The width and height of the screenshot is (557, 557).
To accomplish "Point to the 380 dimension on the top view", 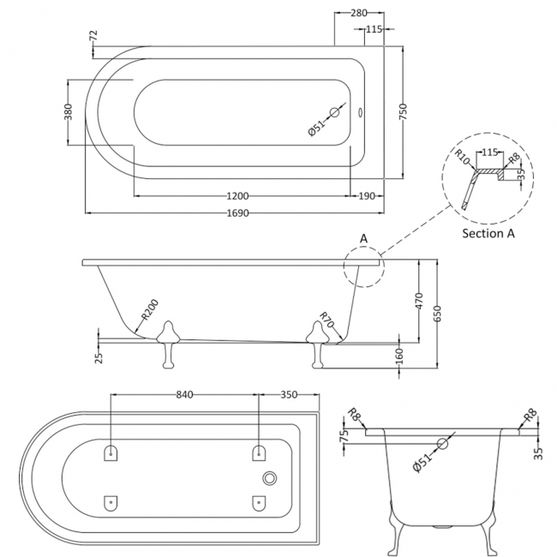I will [x=69, y=112].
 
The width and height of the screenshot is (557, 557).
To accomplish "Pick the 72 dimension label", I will [x=93, y=37].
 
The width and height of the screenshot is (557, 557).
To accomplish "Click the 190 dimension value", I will [x=367, y=196].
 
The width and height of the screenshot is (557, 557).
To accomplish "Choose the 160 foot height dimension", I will [x=398, y=354].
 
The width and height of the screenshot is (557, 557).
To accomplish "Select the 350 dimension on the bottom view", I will [x=288, y=394].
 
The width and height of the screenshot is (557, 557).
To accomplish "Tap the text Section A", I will [x=489, y=233].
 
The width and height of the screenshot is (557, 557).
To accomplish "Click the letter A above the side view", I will [x=363, y=238].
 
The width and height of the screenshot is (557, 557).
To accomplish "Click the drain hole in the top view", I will [x=335, y=112].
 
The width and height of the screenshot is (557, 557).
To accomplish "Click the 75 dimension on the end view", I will [x=344, y=435].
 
